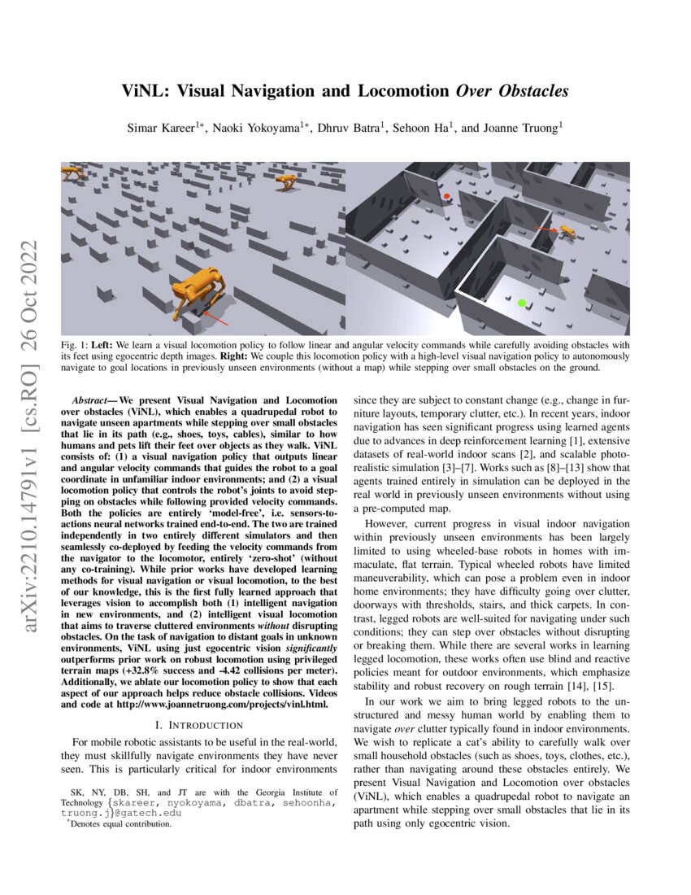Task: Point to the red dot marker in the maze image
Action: [x=446, y=197]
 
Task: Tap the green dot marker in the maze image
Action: [x=521, y=303]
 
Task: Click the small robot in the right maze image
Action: [x=567, y=234]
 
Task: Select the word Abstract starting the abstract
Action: [x=90, y=400]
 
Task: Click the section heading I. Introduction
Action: [x=198, y=724]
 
